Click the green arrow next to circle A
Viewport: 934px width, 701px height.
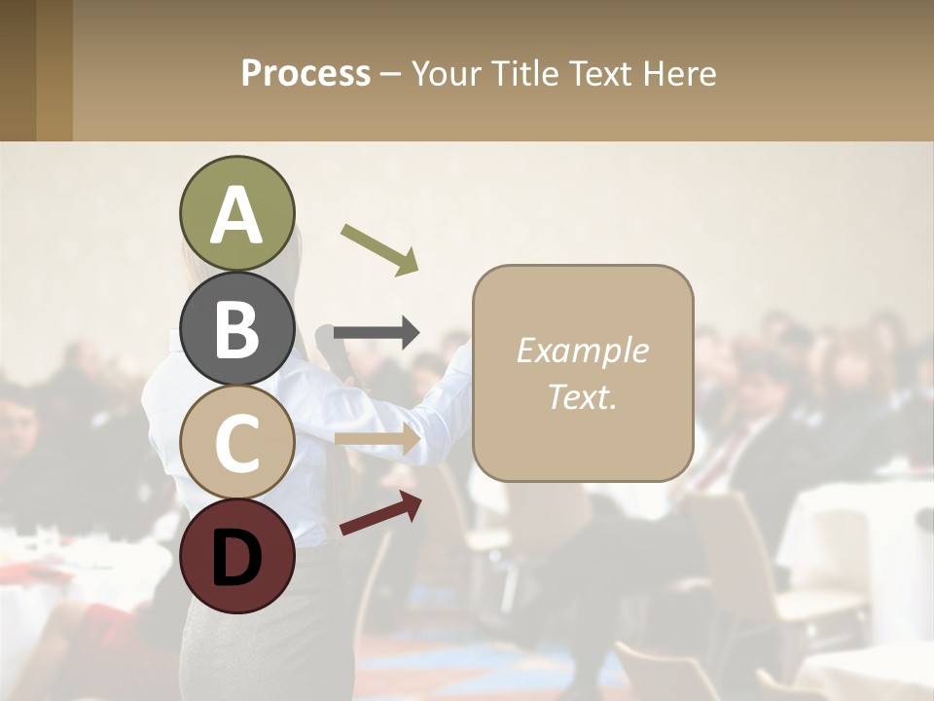pos(380,249)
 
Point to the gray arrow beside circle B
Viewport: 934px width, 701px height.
pos(377,333)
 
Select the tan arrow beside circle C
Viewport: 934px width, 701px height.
pos(377,439)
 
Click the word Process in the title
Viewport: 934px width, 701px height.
pos(305,74)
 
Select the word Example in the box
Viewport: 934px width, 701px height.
pos(582,350)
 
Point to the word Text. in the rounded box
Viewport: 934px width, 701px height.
pos(582,396)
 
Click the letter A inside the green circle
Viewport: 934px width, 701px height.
pos(237,216)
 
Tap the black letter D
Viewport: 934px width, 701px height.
pos(237,557)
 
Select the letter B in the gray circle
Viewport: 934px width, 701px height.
pos(237,329)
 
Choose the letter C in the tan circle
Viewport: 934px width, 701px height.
pos(237,444)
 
